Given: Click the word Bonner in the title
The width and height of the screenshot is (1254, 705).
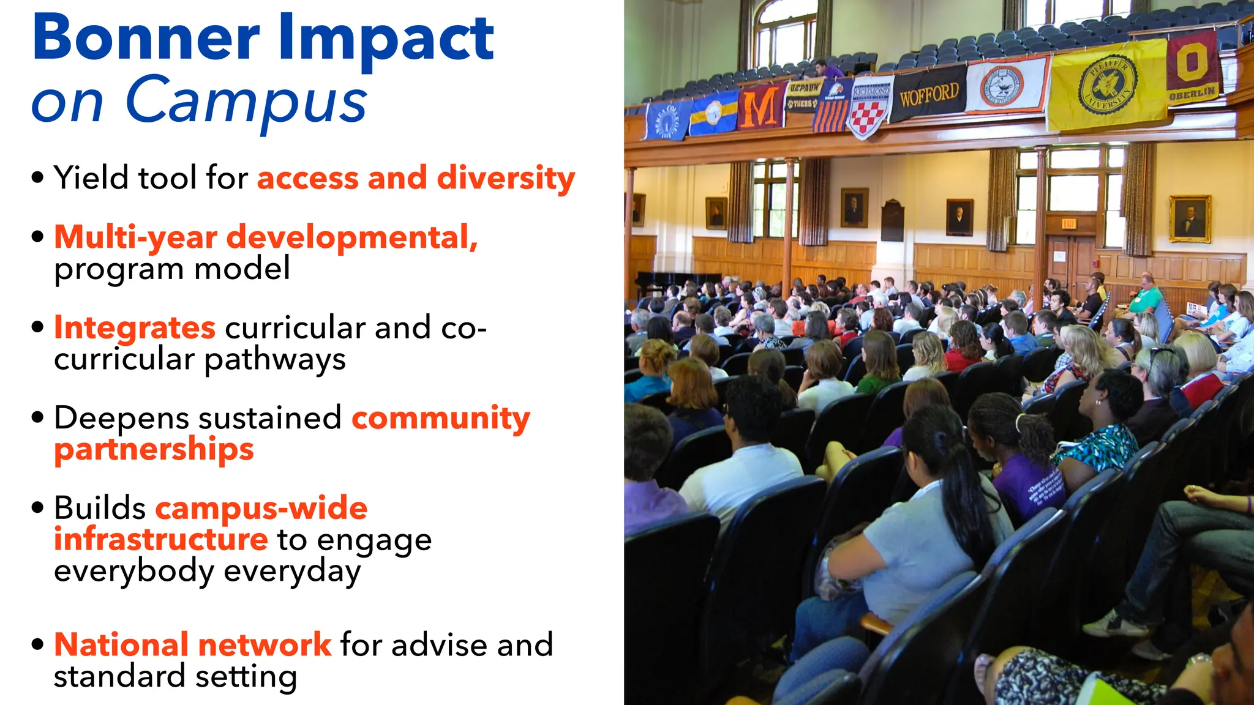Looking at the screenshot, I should click(146, 38).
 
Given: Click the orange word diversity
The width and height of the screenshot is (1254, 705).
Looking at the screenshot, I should click(506, 178).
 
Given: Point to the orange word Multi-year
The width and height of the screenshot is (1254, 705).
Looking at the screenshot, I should click(135, 237).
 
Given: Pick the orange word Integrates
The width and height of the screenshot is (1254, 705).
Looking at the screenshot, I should click(135, 327).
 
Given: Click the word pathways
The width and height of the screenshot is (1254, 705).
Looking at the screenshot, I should click(275, 359).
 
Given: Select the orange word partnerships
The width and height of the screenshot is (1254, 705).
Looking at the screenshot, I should click(154, 450).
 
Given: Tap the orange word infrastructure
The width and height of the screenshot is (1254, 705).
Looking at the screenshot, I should click(160, 539).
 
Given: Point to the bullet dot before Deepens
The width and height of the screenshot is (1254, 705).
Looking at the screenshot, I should click(38, 418).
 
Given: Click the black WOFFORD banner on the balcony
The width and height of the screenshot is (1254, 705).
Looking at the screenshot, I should click(928, 95).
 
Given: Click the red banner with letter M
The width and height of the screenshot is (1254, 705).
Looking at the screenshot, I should click(760, 108).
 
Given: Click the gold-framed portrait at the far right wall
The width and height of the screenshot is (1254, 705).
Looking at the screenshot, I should click(1190, 219).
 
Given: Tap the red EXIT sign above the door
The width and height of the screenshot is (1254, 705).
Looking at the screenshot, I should click(1068, 224).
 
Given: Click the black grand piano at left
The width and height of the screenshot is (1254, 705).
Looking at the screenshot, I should click(674, 282).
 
